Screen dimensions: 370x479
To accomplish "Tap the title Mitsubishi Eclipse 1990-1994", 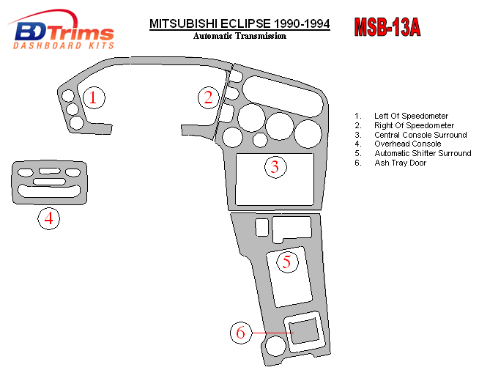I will click(239, 23).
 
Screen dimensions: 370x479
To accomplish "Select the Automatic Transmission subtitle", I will click(239, 36).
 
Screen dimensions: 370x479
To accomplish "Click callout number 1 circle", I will click(93, 97).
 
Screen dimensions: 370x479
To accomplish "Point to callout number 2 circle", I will click(209, 97).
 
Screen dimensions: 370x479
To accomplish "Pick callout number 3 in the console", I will click(275, 167).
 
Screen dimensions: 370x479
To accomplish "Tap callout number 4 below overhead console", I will click(48, 218).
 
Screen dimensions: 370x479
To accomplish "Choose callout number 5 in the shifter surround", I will click(286, 261).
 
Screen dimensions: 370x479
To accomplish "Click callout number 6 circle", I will click(240, 333).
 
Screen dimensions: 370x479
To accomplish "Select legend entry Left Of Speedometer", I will click(412, 116).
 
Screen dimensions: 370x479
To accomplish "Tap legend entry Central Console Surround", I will click(420, 135).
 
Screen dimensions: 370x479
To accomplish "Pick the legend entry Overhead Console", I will click(407, 144).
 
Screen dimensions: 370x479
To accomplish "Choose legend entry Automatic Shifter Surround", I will click(422, 153).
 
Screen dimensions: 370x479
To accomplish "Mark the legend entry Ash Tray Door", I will click(400, 163).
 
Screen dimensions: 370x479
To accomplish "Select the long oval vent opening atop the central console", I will click(283, 92).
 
